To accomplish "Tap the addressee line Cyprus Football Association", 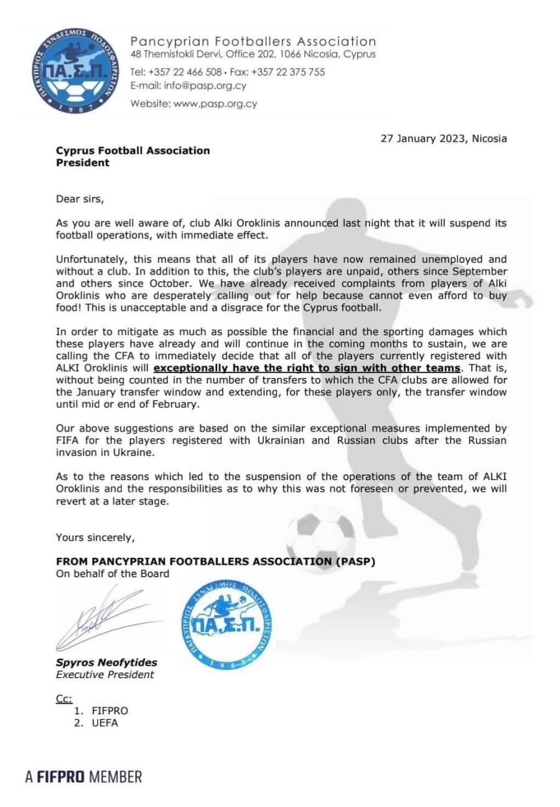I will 133,151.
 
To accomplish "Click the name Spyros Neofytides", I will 106,663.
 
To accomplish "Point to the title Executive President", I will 105,674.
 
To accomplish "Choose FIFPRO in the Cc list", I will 110,710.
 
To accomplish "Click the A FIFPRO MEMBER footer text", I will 83,776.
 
